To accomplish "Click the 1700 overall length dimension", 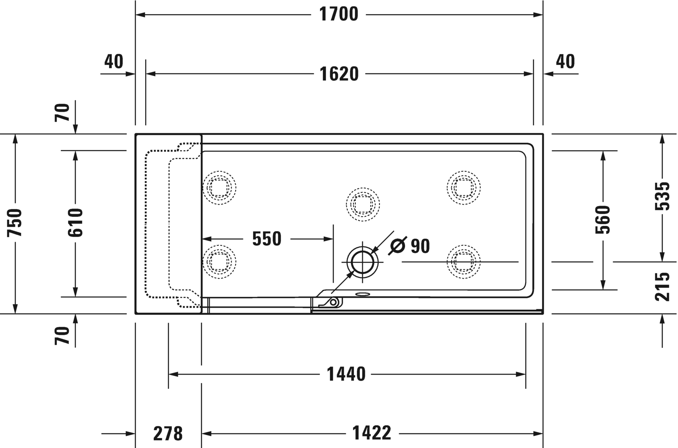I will coord(339,14).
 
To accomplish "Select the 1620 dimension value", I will coord(339,74).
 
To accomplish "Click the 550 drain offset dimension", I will coord(266,239).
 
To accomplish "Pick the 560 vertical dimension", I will coord(603,219).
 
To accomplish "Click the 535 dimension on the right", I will coord(663,196).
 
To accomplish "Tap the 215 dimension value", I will coord(663,287).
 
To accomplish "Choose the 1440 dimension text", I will coord(346,374).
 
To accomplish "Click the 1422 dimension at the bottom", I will coord(371,433).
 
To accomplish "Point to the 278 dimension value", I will coord(168,434).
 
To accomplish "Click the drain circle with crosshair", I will coord(362,262).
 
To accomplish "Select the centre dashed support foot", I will coord(363,204).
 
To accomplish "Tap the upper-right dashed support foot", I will coord(463,187).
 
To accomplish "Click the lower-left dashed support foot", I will coord(219,262).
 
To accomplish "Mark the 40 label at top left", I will coord(114,62).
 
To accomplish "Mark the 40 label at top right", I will coord(565,62).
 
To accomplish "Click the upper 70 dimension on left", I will coord(62,112).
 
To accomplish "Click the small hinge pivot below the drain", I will coord(333,302).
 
